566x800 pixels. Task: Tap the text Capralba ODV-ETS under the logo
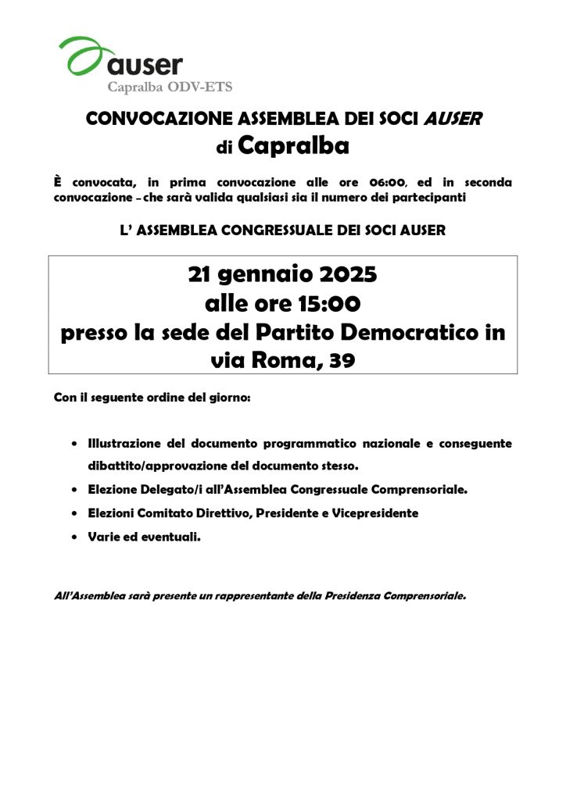pyautogui.click(x=169, y=87)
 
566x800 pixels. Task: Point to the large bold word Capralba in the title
pyautogui.click(x=293, y=145)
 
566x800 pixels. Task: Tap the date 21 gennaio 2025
pyautogui.click(x=282, y=275)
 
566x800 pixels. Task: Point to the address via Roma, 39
pyautogui.click(x=282, y=359)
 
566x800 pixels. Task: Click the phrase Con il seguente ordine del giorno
pyautogui.click(x=152, y=398)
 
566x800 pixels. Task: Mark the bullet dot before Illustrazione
pyautogui.click(x=73, y=444)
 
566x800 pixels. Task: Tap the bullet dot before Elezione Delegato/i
pyautogui.click(x=73, y=491)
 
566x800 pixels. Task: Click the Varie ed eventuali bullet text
pyautogui.click(x=144, y=537)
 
